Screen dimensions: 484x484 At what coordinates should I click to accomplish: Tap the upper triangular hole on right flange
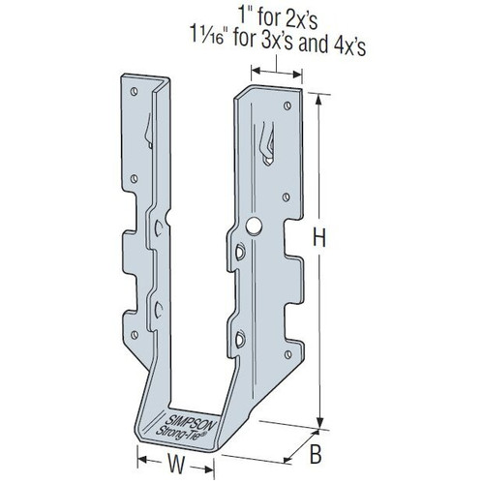click(x=236, y=253)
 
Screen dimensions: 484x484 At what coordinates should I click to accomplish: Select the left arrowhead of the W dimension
click(x=137, y=461)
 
